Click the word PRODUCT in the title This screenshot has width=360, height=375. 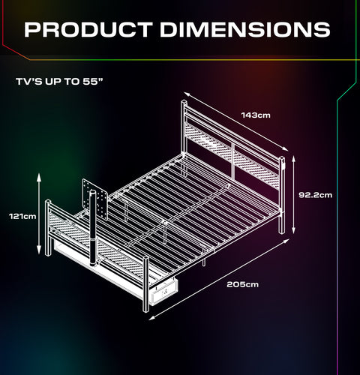(x=88, y=29)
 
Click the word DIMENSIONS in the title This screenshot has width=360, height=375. (x=245, y=29)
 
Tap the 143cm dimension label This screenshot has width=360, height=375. (x=256, y=115)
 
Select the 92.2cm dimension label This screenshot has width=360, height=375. (x=316, y=195)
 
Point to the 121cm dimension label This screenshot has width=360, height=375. (x=22, y=216)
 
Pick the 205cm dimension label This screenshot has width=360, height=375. (x=242, y=284)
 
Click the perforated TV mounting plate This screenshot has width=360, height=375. (x=95, y=199)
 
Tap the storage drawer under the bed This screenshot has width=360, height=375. (x=163, y=291)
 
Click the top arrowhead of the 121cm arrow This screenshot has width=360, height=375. (x=39, y=176)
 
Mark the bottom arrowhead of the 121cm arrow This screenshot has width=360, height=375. (x=39, y=250)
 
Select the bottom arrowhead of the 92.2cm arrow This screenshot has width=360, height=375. (x=294, y=230)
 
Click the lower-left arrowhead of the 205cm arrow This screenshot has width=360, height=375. (x=152, y=317)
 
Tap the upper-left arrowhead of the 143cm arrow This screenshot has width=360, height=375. (x=187, y=94)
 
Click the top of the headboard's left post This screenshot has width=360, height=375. (x=184, y=102)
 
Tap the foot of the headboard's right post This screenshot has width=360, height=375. (x=282, y=232)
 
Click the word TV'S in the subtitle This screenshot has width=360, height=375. (x=29, y=82)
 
